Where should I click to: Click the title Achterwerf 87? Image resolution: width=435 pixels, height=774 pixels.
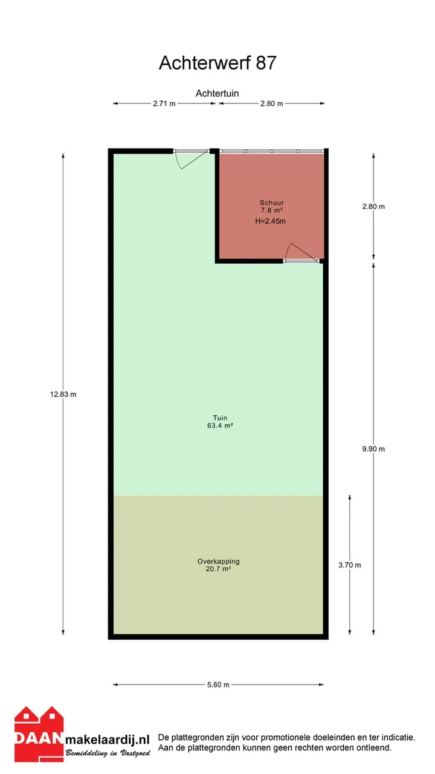217,63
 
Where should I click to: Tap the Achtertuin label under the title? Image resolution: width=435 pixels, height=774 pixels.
217,93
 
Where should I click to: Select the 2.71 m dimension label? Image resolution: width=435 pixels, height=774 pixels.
164,103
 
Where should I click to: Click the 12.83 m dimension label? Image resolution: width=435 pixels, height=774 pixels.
63,394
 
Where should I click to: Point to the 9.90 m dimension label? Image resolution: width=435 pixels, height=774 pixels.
373,449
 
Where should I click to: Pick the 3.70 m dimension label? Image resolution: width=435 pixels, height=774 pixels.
349,565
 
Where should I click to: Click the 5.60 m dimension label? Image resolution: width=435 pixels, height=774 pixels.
218,685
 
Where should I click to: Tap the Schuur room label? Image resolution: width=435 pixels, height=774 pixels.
272,203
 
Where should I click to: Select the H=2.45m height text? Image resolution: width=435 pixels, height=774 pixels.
270,221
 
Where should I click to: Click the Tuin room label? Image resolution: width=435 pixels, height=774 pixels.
220,418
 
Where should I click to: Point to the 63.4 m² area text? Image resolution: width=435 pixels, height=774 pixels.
220,425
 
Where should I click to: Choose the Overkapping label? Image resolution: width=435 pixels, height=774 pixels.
218,562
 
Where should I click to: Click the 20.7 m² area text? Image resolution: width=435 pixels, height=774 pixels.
218,569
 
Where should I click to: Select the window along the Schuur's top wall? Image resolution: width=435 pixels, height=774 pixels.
272,151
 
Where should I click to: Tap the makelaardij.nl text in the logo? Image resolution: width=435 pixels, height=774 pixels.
108,740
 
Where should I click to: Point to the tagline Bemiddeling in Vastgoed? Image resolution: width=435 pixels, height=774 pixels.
108,753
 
